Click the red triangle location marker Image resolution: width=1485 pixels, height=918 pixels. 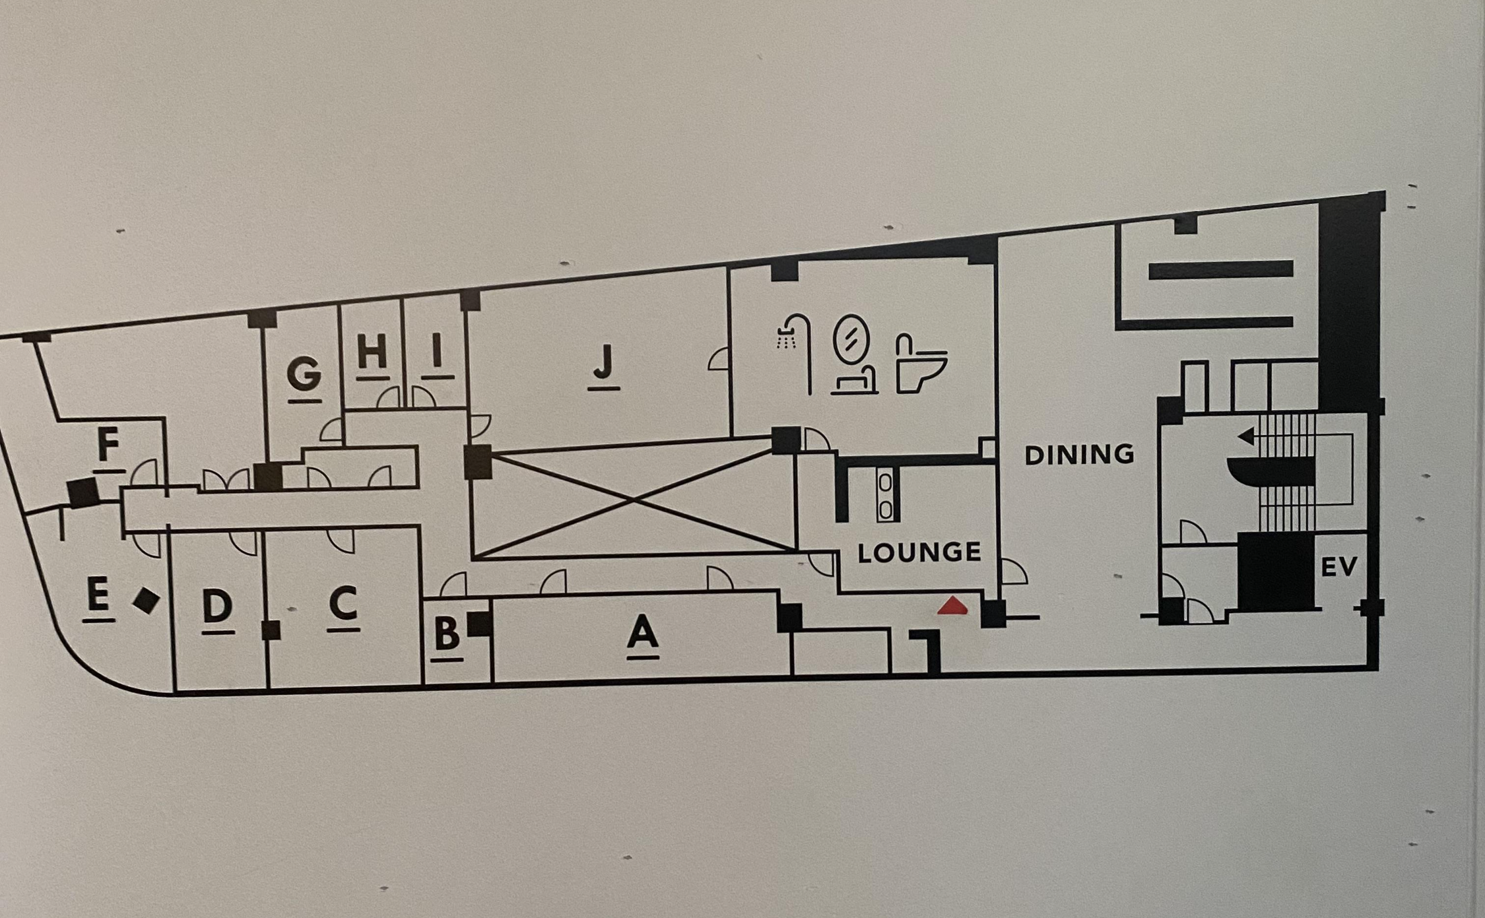[x=953, y=606]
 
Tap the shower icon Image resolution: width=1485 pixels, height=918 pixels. [x=795, y=350]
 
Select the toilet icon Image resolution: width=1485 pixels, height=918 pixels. [x=920, y=363]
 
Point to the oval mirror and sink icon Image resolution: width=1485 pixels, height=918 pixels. [x=853, y=354]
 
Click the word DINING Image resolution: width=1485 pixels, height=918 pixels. [x=1079, y=454]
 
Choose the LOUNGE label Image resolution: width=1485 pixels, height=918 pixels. [x=919, y=552]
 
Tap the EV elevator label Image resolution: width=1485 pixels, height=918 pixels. [x=1339, y=566]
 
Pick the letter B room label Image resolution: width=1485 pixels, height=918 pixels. [x=447, y=634]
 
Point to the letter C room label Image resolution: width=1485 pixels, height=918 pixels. [x=343, y=604]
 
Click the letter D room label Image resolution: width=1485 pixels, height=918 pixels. [x=218, y=606]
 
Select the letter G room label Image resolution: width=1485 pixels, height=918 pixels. [x=304, y=374]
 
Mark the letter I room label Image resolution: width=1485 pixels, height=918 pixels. [x=436, y=350]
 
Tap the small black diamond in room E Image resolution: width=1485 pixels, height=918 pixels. [x=145, y=601]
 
